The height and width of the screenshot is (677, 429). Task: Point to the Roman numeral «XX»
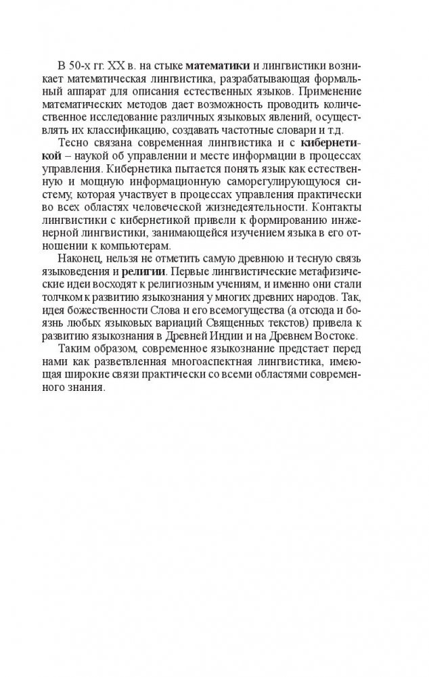pos(129,66)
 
